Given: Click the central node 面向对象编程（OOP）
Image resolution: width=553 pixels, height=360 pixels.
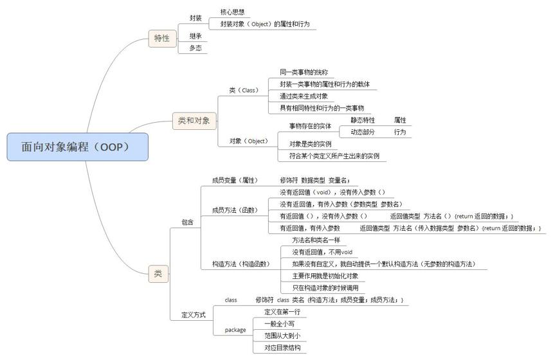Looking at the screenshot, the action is tap(78, 147).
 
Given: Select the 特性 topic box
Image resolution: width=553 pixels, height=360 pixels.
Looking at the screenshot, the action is tap(162, 39).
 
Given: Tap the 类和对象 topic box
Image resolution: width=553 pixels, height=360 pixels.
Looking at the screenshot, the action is tap(194, 121).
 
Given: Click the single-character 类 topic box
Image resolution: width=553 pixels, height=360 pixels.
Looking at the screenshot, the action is tap(158, 274).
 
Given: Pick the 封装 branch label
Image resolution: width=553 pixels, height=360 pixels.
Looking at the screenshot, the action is tap(195, 18).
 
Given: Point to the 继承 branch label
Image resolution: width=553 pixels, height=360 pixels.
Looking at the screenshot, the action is tap(195, 36).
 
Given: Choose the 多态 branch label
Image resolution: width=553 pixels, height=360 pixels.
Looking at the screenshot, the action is tap(195, 48).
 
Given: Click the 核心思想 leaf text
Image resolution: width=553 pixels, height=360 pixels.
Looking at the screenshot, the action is tap(232, 12).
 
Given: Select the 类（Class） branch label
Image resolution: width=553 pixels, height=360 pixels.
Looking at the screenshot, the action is tap(244, 90).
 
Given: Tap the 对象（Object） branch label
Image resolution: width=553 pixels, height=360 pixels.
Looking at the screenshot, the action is tap(249, 141).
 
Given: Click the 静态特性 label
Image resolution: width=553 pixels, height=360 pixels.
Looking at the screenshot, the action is tap(363, 120).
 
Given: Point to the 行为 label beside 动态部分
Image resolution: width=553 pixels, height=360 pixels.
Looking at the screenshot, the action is tap(400, 132).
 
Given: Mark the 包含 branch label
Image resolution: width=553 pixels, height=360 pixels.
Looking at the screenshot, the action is tap(188, 222).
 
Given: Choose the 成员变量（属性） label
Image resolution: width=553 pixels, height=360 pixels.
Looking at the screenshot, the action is tap(235, 180).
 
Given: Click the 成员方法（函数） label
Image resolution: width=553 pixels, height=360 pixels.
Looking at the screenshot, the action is tap(235, 210).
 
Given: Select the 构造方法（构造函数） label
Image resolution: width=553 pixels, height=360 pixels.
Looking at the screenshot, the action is tap(241, 264).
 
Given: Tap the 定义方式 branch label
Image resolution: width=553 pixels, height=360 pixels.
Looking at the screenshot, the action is tap(194, 315).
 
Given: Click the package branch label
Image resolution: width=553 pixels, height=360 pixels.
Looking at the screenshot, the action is tap(235, 330).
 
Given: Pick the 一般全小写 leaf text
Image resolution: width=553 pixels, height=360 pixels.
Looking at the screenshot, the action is tap(279, 324).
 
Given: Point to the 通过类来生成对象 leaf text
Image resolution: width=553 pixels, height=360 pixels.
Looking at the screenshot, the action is tap(304, 96).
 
